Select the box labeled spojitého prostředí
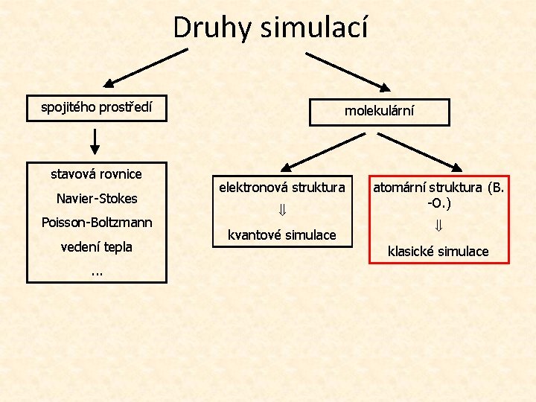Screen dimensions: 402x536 (96, 107)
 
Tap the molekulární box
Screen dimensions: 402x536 (379, 111)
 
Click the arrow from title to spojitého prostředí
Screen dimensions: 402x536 (146, 68)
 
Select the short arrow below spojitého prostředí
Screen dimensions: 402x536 (95, 139)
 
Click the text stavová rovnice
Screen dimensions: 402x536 (96, 173)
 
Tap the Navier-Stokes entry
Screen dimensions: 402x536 (96, 199)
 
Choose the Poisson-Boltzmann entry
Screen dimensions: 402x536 (97, 223)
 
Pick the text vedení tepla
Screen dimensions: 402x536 (96, 246)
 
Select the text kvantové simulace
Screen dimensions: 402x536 (281, 234)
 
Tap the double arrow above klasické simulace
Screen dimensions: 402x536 (438, 226)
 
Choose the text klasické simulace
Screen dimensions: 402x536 (438, 251)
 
